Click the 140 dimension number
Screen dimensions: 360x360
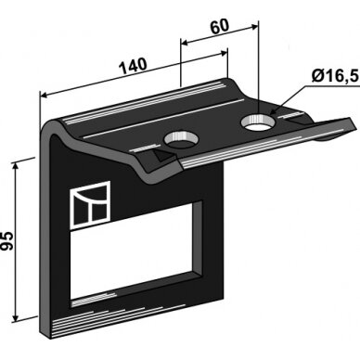pos(133,66)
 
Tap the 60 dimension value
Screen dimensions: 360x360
pos(220,26)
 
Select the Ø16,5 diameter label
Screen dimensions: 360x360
pos(335,76)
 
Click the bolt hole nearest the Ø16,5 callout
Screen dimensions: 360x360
pos(258,123)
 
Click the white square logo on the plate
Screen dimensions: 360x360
pos(91,205)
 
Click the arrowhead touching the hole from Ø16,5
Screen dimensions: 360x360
pos(274,111)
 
